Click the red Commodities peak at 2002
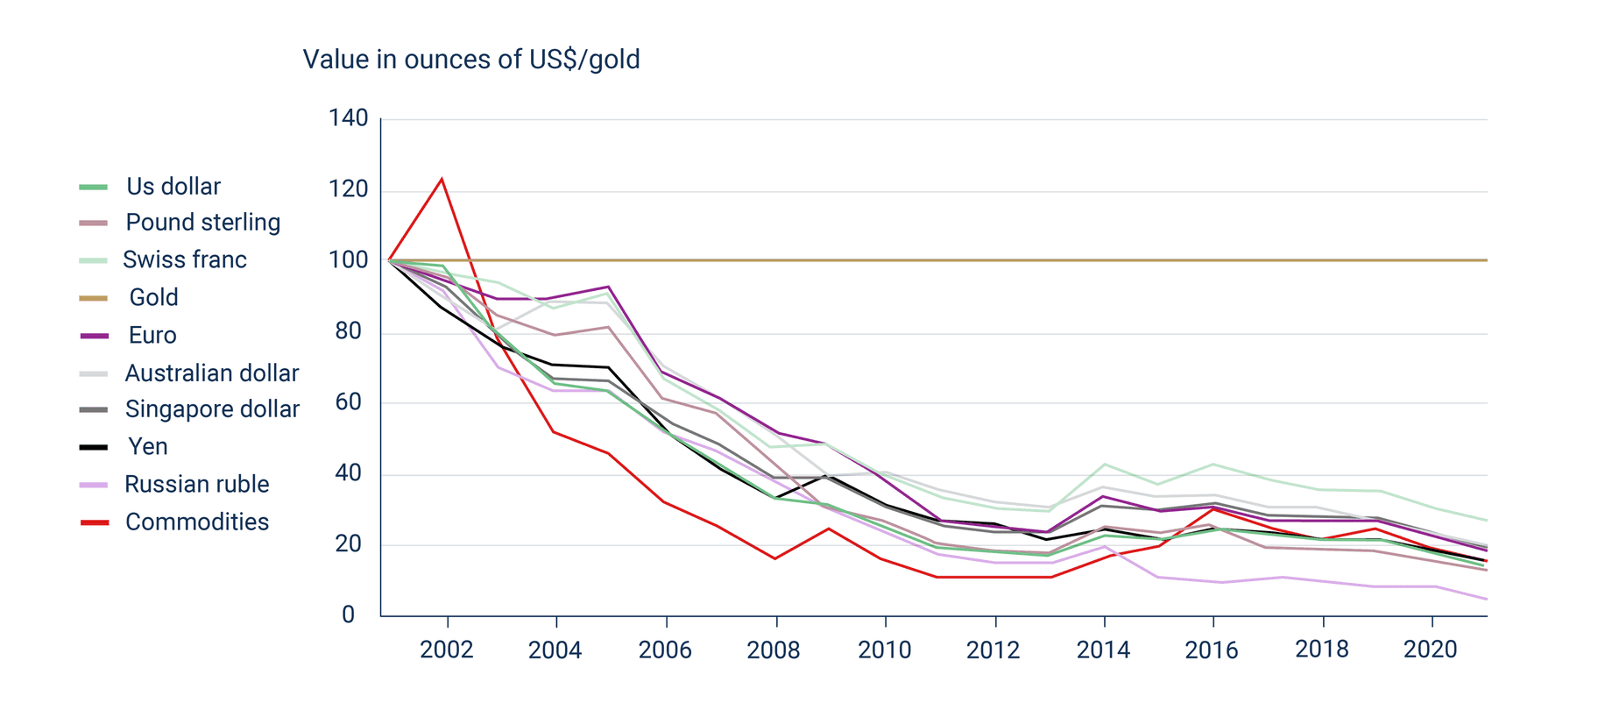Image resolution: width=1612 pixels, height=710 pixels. (442, 180)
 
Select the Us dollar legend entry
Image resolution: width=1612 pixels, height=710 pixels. (173, 187)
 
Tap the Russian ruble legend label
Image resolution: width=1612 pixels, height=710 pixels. (196, 484)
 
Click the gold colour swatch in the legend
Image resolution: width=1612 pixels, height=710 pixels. (94, 298)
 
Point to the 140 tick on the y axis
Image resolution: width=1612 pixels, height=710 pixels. (348, 118)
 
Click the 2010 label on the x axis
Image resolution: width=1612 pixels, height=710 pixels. (884, 650)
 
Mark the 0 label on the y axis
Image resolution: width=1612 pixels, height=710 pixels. (348, 615)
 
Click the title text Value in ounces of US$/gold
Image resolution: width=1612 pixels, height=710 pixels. (471, 60)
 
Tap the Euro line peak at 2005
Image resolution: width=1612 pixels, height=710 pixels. (608, 287)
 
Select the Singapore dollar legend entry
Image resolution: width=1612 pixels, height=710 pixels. (212, 409)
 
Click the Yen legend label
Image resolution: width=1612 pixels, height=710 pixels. (147, 447)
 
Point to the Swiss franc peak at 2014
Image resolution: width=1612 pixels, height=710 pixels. (1104, 465)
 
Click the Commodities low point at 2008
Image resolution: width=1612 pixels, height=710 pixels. (775, 558)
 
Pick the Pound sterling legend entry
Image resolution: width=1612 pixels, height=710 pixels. (202, 223)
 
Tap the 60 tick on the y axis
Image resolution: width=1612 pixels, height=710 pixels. (348, 402)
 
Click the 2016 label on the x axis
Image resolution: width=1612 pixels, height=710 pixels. (1212, 650)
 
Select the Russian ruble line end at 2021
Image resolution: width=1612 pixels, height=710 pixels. (1486, 599)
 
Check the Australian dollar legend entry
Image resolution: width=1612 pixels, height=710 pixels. (211, 373)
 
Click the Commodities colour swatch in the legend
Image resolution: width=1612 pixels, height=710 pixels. (94, 522)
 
